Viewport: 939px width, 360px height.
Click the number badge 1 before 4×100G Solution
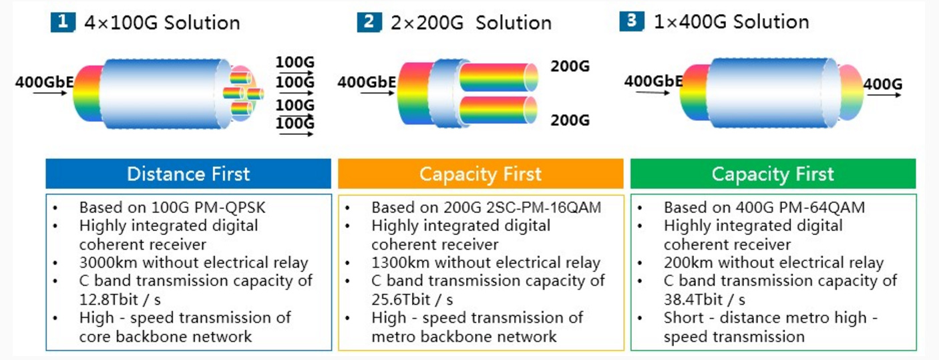[x=63, y=22]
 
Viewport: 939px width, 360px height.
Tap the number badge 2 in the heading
[x=369, y=22]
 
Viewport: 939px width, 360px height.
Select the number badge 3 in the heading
[x=632, y=21]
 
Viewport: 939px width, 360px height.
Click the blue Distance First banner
[x=188, y=174]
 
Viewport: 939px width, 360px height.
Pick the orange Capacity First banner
[x=480, y=174]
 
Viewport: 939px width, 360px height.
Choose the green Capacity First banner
[x=773, y=174]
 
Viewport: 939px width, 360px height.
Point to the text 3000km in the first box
[x=108, y=262]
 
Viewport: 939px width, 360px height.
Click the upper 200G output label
[x=570, y=66]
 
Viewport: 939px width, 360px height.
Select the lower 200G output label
[x=570, y=120]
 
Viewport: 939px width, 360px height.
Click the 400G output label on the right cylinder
[x=883, y=84]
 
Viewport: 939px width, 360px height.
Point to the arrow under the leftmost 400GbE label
[x=50, y=93]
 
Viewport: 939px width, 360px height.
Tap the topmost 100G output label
[x=295, y=62]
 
